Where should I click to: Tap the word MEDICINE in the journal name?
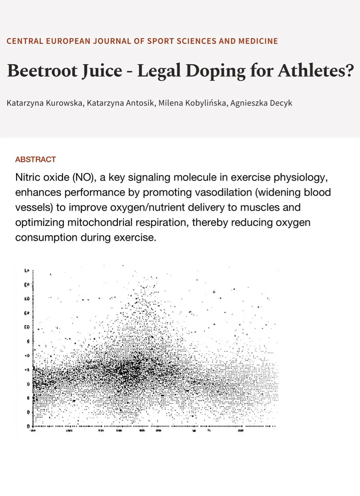[x=258, y=41]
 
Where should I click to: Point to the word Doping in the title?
[x=215, y=71]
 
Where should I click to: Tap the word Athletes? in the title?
[x=316, y=71]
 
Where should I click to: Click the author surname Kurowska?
[x=65, y=103]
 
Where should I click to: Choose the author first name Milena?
[x=171, y=103]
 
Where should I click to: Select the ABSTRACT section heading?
[x=35, y=160]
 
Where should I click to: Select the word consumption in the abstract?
[x=46, y=238]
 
